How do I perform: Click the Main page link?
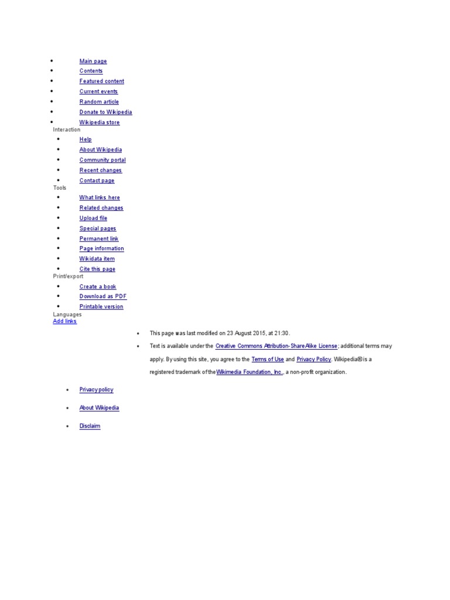pos(93,61)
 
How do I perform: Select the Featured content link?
pos(102,81)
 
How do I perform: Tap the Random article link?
pos(99,102)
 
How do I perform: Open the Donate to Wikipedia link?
pos(105,112)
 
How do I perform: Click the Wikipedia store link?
pos(100,122)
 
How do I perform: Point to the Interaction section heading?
pos(67,129)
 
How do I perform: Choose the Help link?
pos(86,139)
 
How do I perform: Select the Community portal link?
pos(103,160)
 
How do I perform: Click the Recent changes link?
pos(101,171)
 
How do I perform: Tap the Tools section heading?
pos(60,188)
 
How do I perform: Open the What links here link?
pos(100,198)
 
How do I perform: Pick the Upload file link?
pos(93,218)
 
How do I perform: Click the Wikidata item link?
pos(97,259)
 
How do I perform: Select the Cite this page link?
pos(97,269)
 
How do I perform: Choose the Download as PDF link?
pos(103,296)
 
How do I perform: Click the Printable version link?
pos(101,306)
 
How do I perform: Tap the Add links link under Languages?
pos(64,321)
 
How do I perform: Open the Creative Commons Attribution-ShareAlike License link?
pos(277,346)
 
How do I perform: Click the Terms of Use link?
pos(268,359)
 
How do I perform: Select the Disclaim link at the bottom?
pos(90,426)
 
